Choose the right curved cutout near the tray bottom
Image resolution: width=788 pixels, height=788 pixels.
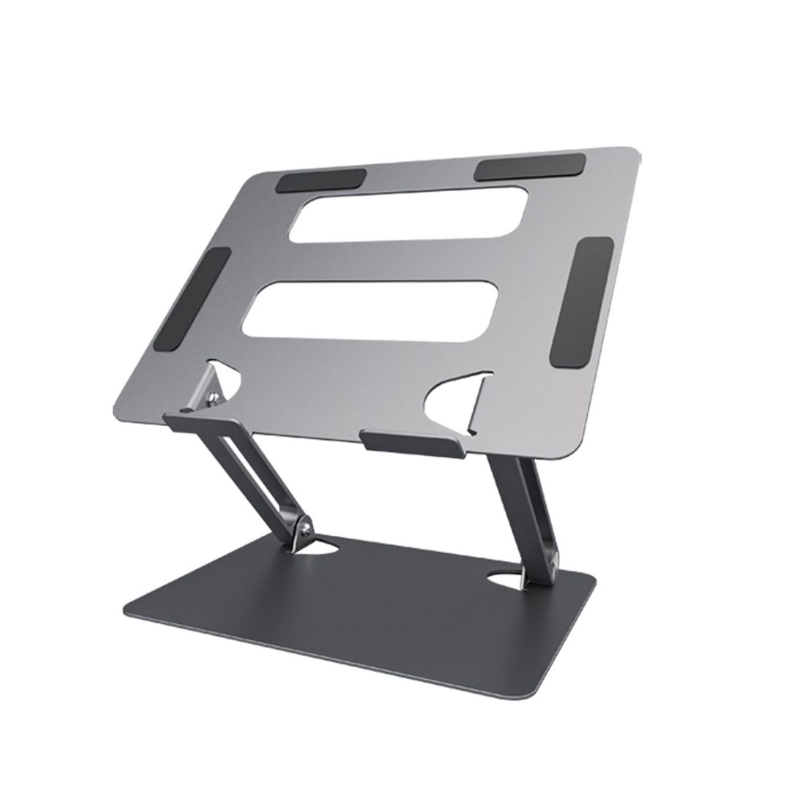458,404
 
